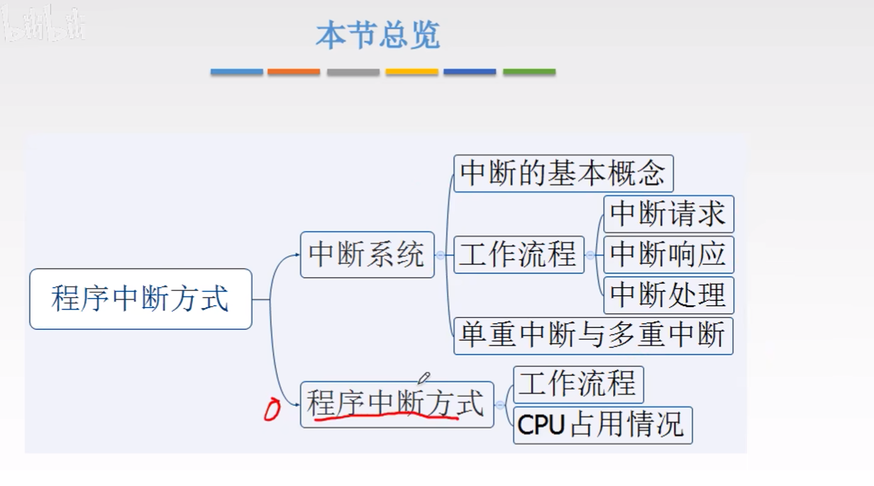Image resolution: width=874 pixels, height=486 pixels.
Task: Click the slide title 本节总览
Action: click(x=377, y=35)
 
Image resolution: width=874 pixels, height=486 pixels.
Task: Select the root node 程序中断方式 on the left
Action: click(x=140, y=299)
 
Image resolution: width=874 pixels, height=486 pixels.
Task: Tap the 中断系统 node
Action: click(x=367, y=255)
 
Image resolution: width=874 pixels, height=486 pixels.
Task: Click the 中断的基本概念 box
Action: click(x=563, y=173)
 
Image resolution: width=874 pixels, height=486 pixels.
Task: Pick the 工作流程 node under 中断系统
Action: click(x=518, y=255)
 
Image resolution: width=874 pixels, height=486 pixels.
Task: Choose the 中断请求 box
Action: click(x=668, y=214)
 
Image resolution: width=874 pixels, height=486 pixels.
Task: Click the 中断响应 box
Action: click(x=668, y=255)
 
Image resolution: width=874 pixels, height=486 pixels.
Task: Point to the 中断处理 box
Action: click(x=668, y=295)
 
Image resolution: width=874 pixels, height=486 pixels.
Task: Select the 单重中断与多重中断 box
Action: click(x=593, y=336)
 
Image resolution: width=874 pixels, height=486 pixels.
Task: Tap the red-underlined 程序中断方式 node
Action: click(x=396, y=404)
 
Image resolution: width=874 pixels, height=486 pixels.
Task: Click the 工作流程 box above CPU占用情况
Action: click(x=578, y=385)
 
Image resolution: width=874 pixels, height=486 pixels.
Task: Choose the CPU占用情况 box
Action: click(x=602, y=425)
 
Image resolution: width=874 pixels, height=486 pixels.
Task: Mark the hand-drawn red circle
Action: click(x=272, y=410)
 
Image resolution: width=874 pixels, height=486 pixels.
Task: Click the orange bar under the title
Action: click(x=294, y=72)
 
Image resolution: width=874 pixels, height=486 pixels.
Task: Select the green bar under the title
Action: click(x=529, y=72)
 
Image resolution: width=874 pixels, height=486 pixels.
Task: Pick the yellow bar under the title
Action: click(x=411, y=72)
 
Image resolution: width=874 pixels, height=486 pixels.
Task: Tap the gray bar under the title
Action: click(x=353, y=72)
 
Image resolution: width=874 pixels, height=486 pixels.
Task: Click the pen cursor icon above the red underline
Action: click(x=424, y=378)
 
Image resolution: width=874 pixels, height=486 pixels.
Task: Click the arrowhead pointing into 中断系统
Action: click(x=297, y=255)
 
